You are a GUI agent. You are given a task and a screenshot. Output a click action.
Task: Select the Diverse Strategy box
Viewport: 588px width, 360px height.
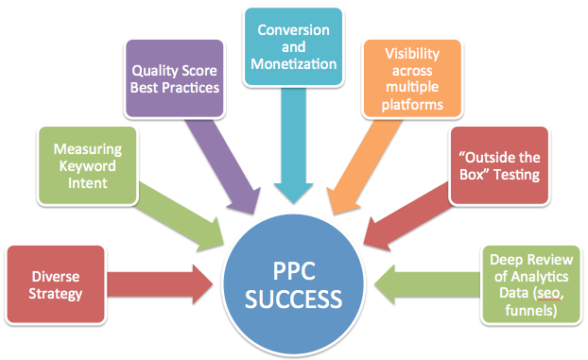coord(53,284)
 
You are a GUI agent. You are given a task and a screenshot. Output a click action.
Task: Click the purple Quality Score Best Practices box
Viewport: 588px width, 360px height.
coord(175,78)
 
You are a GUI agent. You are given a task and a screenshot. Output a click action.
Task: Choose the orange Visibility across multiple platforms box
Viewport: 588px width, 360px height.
coord(414,78)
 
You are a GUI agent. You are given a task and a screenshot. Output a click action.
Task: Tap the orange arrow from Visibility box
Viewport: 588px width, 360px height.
coord(366,161)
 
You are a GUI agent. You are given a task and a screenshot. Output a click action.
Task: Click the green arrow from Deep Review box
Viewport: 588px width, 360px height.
coord(425,283)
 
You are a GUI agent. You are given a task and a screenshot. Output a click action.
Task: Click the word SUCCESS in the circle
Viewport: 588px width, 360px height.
coord(294,301)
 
